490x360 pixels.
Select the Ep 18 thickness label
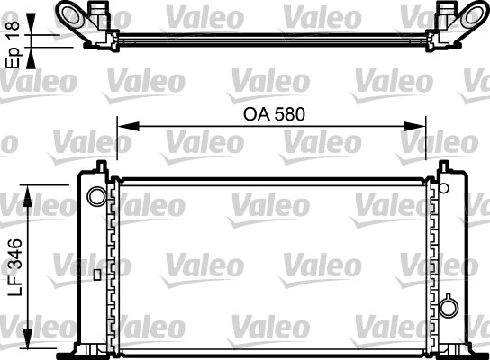[x=14, y=42]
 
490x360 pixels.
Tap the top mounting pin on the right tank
[x=445, y=166]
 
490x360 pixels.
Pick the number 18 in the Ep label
[x=14, y=31]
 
